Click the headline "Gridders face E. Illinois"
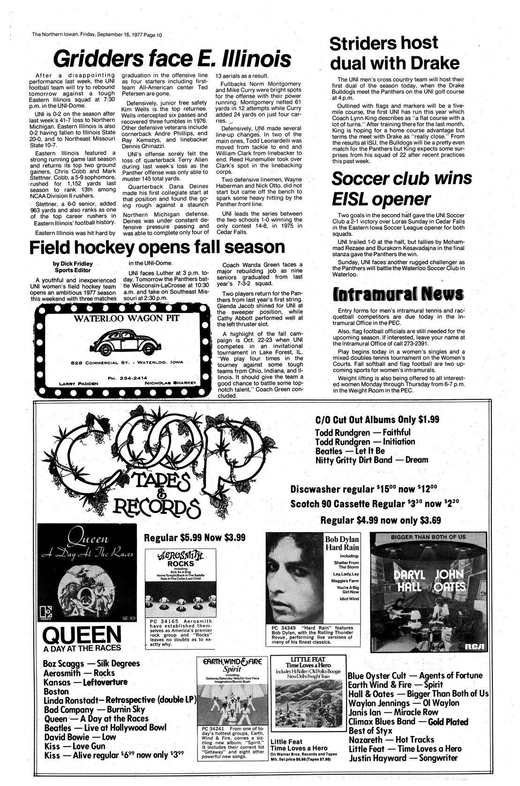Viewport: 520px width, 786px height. [171, 60]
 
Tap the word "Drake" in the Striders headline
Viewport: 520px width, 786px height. [435, 63]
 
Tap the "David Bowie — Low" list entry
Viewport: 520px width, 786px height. [80, 737]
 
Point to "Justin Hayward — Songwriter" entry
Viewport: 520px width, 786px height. [403, 757]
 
